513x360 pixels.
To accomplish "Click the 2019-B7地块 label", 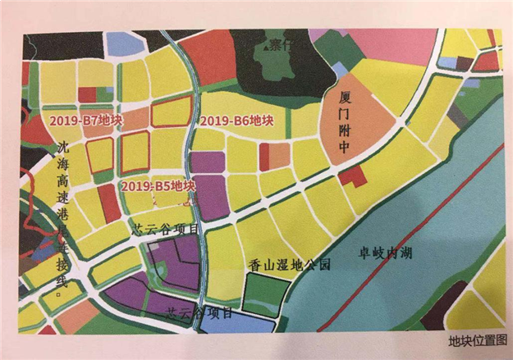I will (74, 121).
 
